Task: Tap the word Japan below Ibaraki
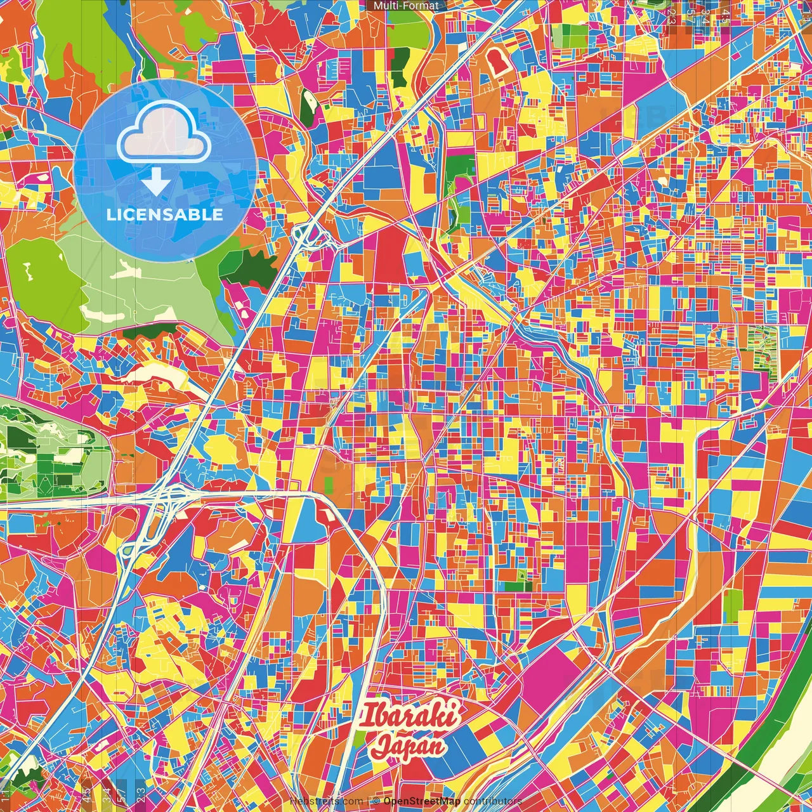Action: click(x=409, y=745)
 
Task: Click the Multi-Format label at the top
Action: click(x=405, y=6)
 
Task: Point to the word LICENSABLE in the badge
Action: click(x=164, y=214)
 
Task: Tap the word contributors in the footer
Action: click(x=493, y=801)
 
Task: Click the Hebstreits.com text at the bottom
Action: click(x=326, y=801)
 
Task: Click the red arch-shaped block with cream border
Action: click(x=497, y=63)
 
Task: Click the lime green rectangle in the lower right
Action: click(x=732, y=605)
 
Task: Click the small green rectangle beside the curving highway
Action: click(x=329, y=486)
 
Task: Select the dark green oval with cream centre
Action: click(x=308, y=105)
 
